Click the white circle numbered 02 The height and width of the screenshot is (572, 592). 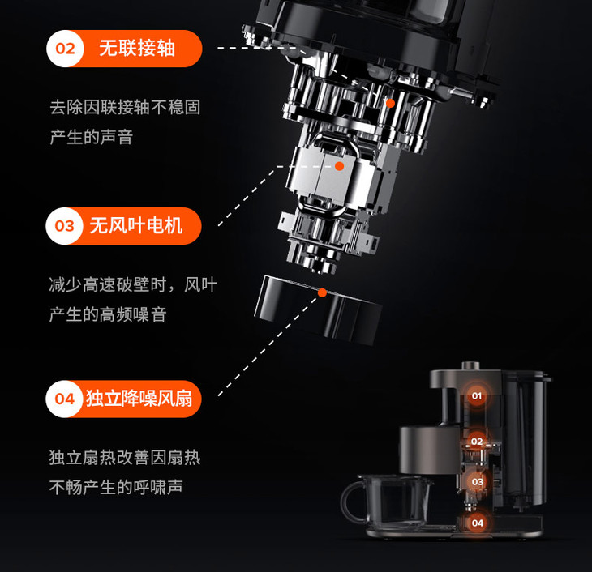[65, 49]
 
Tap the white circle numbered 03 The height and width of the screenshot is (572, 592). [64, 226]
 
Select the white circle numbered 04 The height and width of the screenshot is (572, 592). [64, 399]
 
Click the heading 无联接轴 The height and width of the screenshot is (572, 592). [137, 49]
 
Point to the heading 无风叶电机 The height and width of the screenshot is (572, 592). [136, 225]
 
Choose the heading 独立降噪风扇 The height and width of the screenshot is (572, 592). [139, 399]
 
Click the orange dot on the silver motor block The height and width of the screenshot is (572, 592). [340, 166]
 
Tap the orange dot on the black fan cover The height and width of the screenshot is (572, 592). [322, 292]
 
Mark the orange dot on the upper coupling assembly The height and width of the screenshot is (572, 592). [390, 103]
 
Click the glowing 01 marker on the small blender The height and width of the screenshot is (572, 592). [477, 396]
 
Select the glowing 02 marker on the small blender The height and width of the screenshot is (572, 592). [477, 442]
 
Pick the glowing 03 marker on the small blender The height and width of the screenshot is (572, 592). [477, 482]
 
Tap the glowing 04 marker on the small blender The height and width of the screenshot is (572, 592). [477, 523]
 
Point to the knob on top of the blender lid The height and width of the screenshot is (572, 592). [470, 365]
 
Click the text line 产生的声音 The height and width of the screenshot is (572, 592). [92, 137]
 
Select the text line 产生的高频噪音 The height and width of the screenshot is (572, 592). [108, 314]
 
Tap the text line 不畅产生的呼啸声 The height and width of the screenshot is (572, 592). [116, 487]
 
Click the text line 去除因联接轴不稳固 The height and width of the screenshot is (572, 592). [125, 107]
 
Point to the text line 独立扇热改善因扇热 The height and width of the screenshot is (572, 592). [125, 457]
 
